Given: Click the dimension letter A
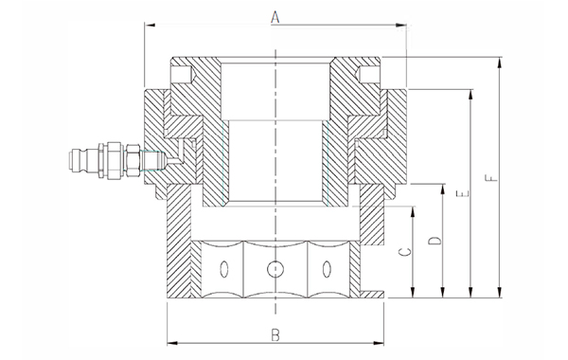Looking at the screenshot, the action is click(x=275, y=17).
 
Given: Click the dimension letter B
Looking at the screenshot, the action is click(x=275, y=335).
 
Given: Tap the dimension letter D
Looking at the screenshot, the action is click(x=435, y=241).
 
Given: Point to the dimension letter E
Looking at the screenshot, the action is click(x=463, y=193).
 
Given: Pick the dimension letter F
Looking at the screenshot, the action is click(x=491, y=178).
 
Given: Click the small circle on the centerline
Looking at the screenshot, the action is click(x=275, y=269).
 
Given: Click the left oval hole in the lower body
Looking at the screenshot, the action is click(x=224, y=269).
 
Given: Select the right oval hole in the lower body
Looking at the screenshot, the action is click(x=328, y=269).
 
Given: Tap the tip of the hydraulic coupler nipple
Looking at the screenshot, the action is click(x=70, y=159).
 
